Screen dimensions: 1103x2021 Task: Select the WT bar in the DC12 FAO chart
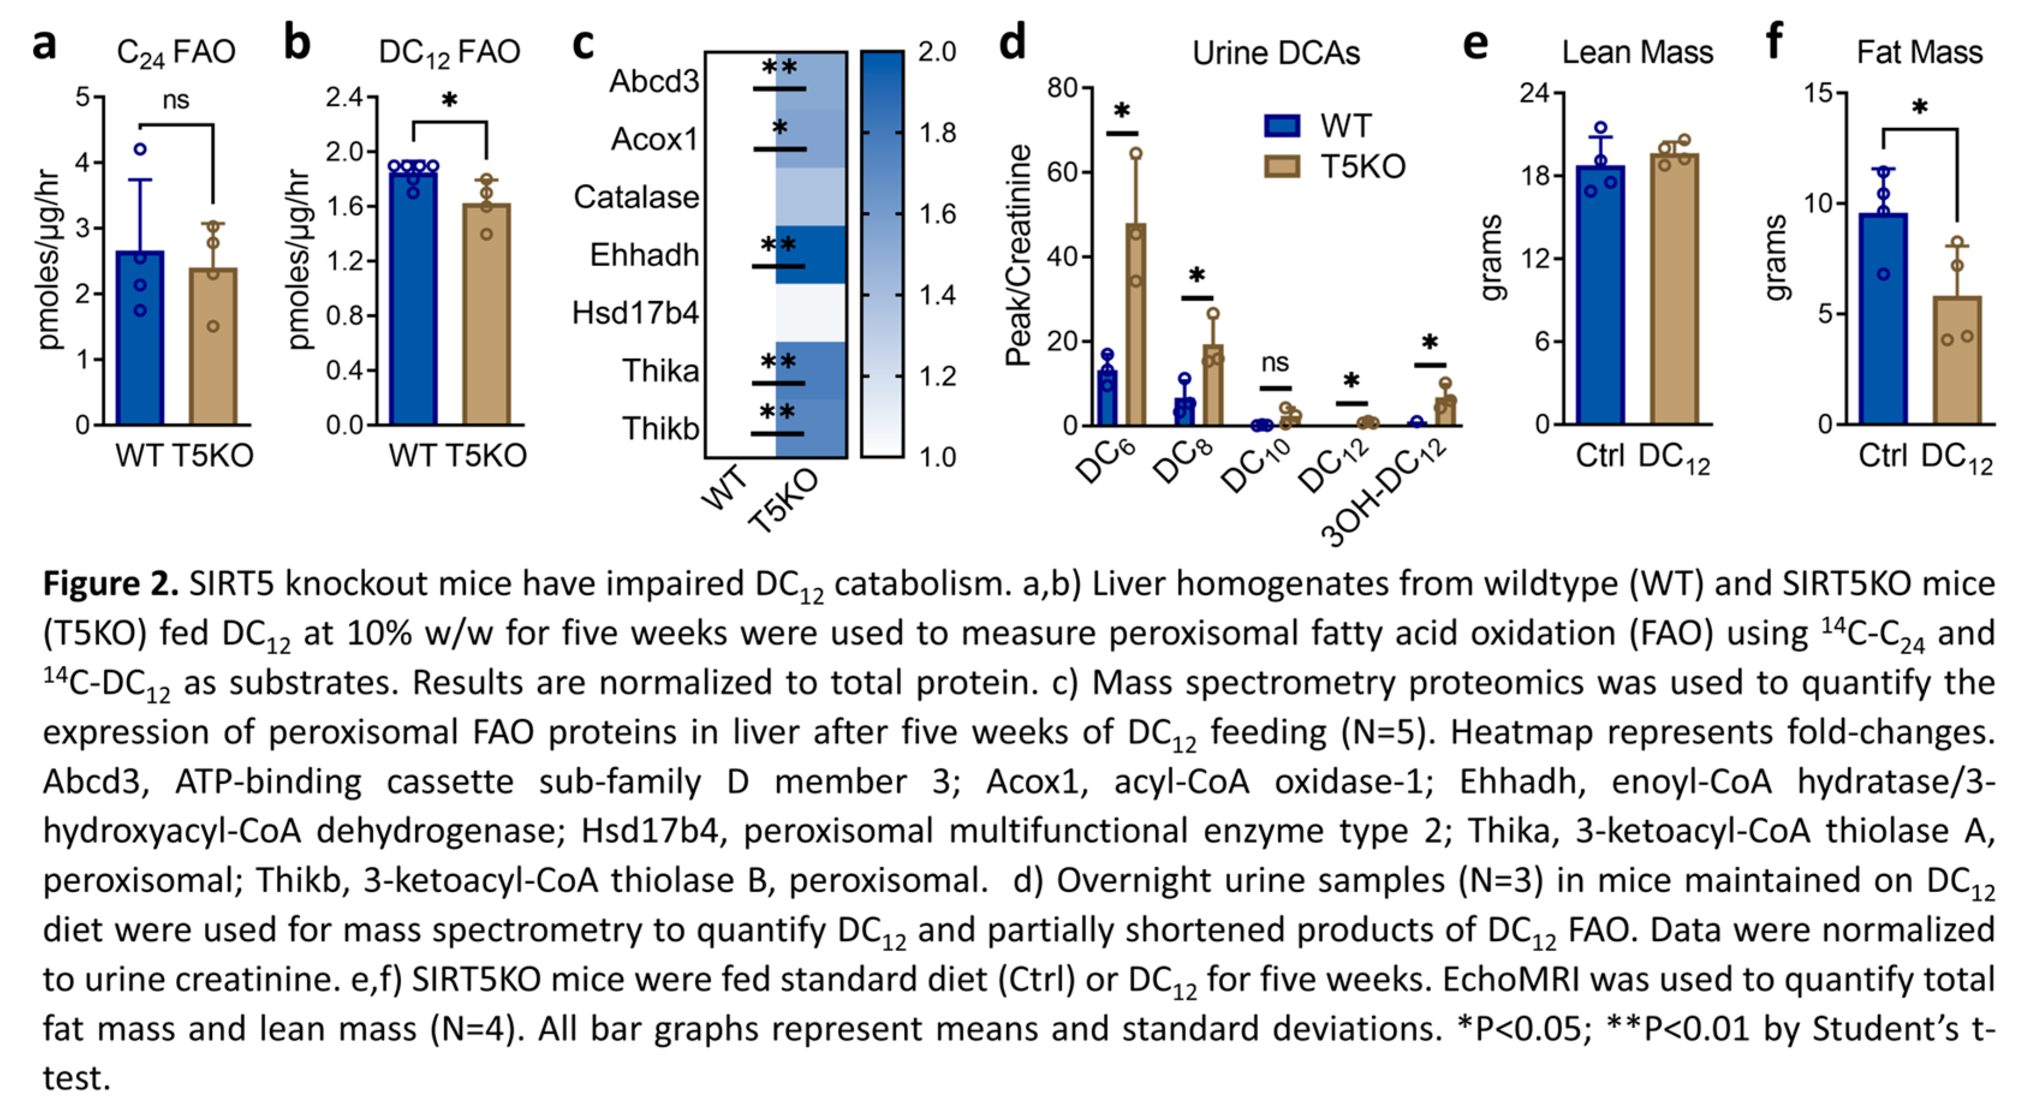413,298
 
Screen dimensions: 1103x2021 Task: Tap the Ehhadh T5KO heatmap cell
810,254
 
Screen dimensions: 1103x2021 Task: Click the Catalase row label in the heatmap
636,197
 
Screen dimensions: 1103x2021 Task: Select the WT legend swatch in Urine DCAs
1282,126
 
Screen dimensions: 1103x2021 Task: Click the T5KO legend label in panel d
1363,166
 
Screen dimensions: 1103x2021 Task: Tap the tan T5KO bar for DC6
1135,325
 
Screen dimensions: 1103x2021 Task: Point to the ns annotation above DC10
1275,362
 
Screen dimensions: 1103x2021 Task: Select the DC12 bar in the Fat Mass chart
1957,361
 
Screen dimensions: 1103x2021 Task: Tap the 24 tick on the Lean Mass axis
1534,93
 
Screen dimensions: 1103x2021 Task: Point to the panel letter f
1775,41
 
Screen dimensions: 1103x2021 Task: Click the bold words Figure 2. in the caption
111,584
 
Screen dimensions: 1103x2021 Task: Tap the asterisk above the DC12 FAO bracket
449,100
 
